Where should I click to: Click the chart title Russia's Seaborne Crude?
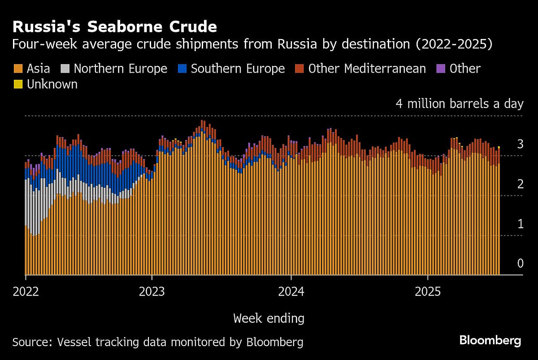(115, 27)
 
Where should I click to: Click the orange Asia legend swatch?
(18, 69)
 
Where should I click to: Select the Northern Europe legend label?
(120, 69)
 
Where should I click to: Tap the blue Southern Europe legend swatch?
(182, 69)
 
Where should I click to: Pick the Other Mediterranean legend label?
(367, 69)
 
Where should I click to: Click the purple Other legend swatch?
(440, 69)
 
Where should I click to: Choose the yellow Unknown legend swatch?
(18, 84)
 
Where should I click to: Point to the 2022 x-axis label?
(26, 292)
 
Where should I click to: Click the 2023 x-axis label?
(152, 292)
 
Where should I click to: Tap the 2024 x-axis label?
(291, 292)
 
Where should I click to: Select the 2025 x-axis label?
(428, 292)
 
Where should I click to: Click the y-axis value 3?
(520, 144)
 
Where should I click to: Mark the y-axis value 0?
(520, 264)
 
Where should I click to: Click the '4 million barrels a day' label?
(460, 104)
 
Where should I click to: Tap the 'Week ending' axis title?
(269, 319)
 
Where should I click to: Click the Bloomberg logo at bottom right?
(490, 341)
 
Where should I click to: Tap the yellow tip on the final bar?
(499, 147)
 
